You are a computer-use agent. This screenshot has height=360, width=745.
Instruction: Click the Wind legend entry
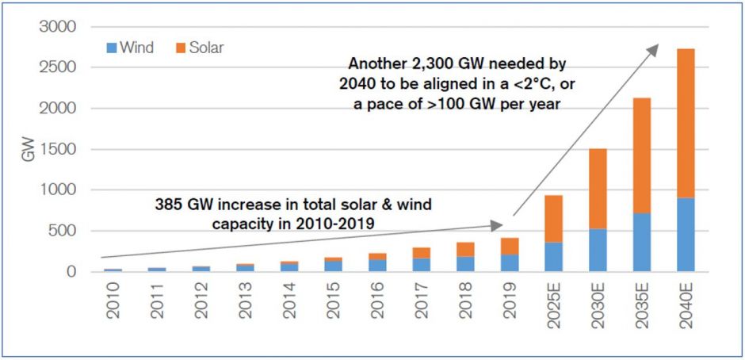point(132,48)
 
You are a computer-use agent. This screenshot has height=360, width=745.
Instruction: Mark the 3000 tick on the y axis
point(58,27)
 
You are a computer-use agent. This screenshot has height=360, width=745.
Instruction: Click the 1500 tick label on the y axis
point(58,149)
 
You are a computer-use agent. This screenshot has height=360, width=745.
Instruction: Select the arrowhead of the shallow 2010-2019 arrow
point(497,225)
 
